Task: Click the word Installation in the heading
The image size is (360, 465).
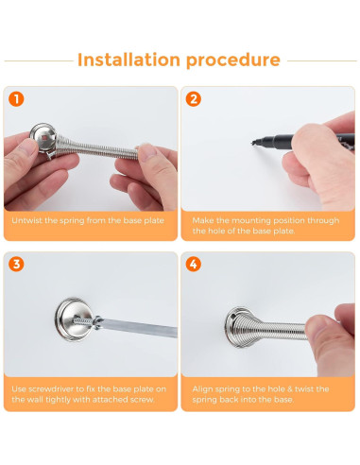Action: [x=129, y=60]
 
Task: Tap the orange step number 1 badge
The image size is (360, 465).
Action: [x=16, y=99]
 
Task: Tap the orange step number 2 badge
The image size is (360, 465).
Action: [x=193, y=99]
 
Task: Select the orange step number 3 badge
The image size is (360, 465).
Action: [x=16, y=264]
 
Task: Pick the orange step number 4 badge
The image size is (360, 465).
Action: [x=193, y=264]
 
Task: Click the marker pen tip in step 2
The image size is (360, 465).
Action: [x=253, y=143]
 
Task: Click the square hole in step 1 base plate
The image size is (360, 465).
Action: [x=46, y=138]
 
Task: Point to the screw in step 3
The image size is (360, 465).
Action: [x=82, y=320]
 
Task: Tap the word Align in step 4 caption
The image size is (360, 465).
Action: [x=201, y=389]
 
